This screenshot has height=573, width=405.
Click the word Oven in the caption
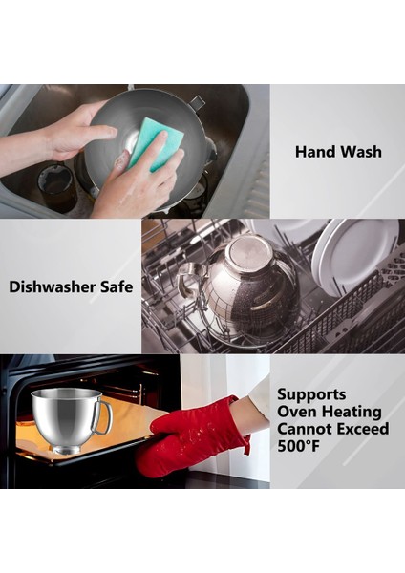(x=297, y=411)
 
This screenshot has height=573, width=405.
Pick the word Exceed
(x=365, y=430)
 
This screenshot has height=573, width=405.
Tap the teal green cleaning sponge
(x=155, y=141)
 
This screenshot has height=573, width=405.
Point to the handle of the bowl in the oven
(x=104, y=417)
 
